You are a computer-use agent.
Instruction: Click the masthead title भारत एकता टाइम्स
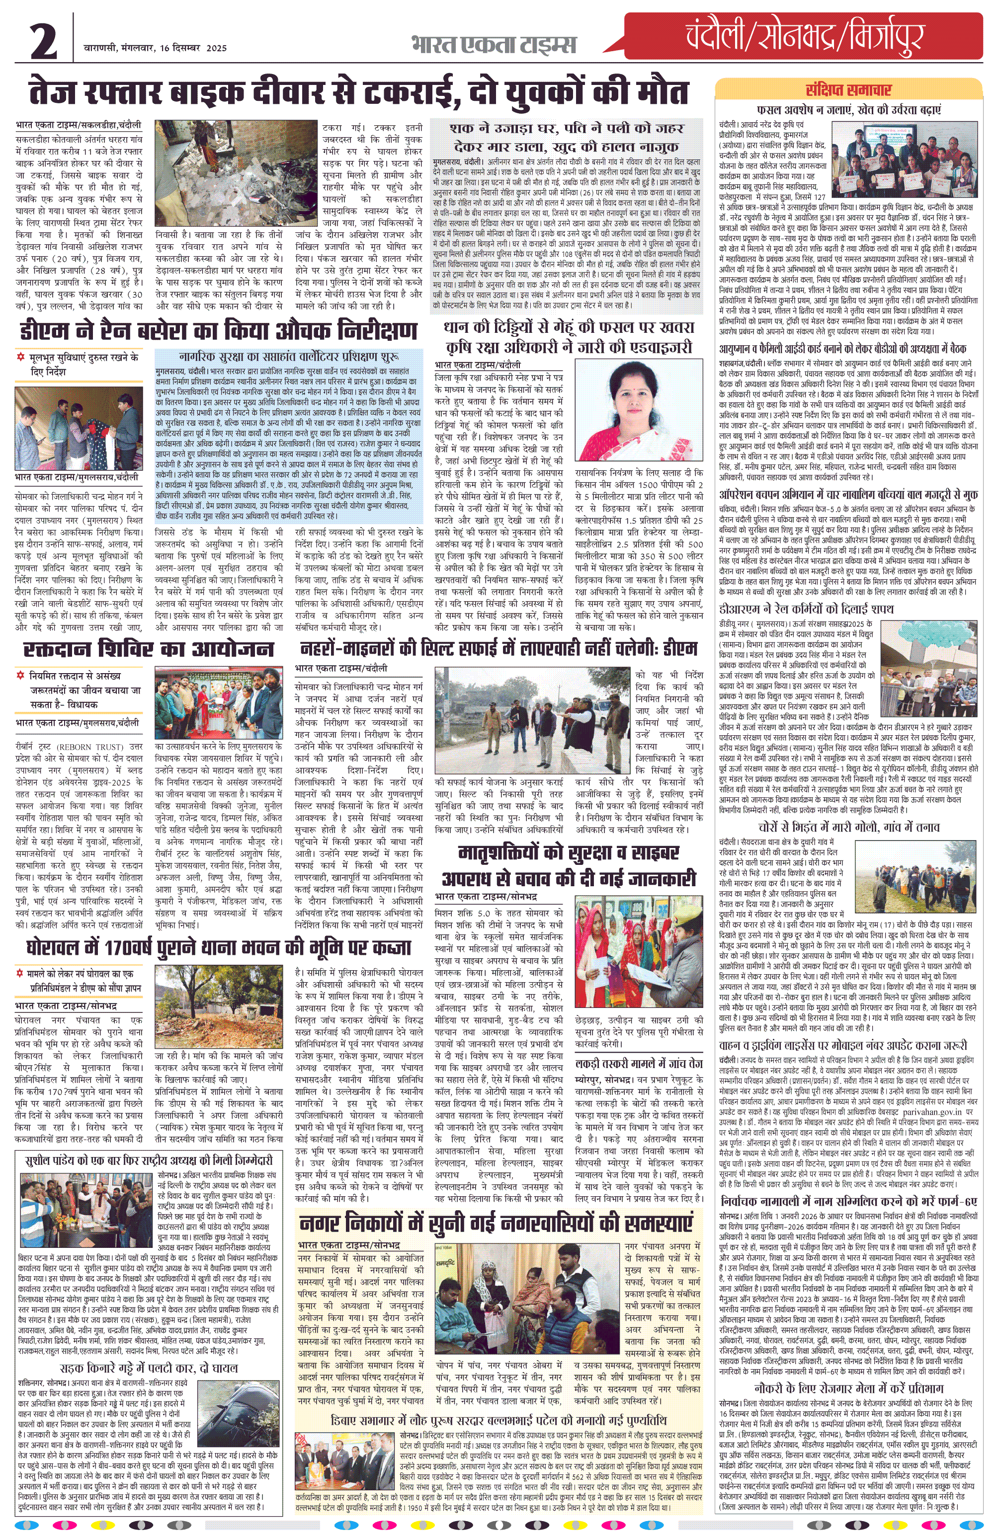pyautogui.click(x=493, y=45)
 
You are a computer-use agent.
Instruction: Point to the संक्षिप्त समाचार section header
pyautogui.click(x=848, y=90)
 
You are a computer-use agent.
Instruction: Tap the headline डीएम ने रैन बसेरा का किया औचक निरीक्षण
pyautogui.click(x=218, y=331)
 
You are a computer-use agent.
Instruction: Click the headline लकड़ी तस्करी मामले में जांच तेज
pyautogui.click(x=639, y=1063)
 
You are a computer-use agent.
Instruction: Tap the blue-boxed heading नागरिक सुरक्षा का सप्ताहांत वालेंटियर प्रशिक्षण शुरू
pyautogui.click(x=289, y=357)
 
